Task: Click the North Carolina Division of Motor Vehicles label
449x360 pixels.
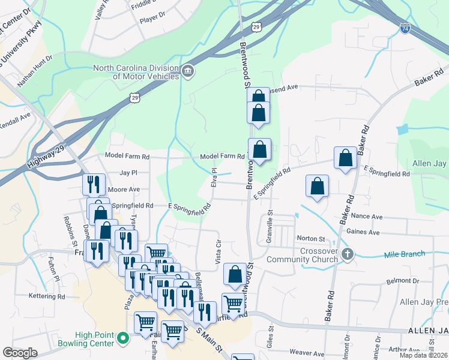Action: point(136,72)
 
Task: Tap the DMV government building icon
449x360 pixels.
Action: point(188,72)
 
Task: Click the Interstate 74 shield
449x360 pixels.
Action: point(406,28)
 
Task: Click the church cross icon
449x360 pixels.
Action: point(346,254)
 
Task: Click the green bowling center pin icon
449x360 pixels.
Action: point(124,339)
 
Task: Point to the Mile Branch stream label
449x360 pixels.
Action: point(405,254)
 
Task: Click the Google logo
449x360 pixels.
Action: point(20,353)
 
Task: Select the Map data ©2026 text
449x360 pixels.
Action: point(423,355)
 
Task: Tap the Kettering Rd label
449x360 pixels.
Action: point(47,296)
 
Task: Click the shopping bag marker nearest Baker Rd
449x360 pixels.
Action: point(346,158)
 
